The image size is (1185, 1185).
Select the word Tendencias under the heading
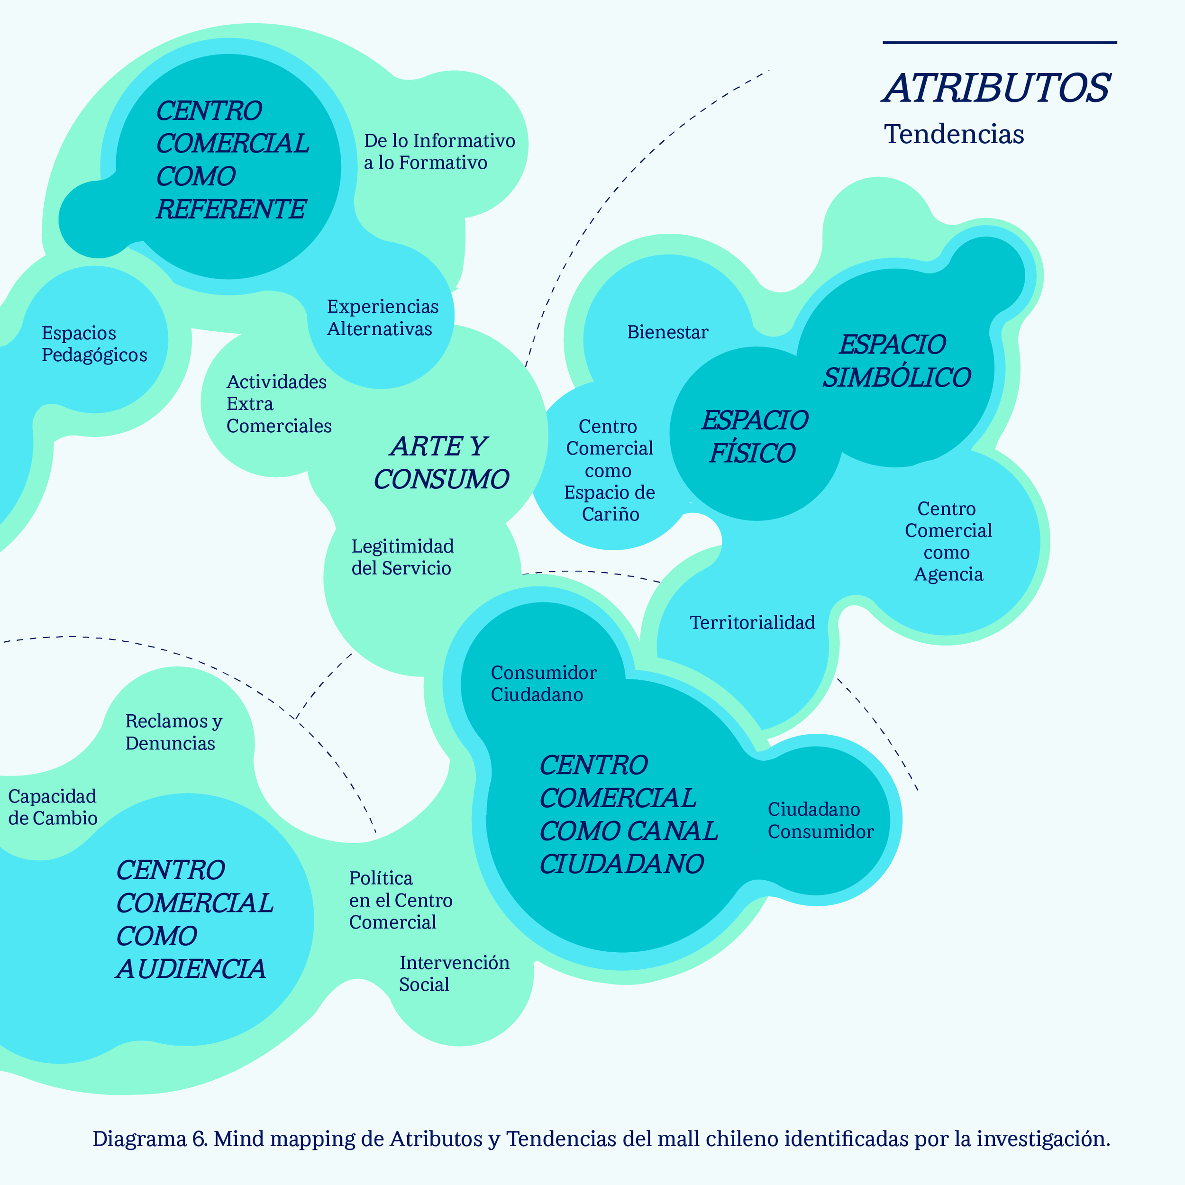click(x=954, y=134)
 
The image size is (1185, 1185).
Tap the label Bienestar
click(x=667, y=332)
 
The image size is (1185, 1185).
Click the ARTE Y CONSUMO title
click(x=441, y=463)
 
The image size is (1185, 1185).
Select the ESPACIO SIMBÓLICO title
click(x=896, y=361)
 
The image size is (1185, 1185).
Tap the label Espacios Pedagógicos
click(x=94, y=344)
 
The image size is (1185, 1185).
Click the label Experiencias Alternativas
click(x=383, y=318)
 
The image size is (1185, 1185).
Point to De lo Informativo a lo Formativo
click(x=439, y=152)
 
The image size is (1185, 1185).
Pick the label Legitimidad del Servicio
click(x=402, y=557)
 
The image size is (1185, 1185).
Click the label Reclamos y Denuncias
click(x=173, y=732)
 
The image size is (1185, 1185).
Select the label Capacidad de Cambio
click(x=53, y=807)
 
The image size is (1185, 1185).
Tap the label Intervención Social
click(x=454, y=974)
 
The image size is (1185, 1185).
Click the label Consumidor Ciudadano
click(x=543, y=684)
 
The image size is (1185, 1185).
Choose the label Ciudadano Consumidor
click(x=820, y=820)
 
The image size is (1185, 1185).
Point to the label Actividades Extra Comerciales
click(x=278, y=403)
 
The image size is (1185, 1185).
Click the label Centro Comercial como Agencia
click(x=948, y=541)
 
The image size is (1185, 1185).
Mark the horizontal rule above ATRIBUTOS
click(x=999, y=42)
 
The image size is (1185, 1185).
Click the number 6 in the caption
click(x=200, y=1139)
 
